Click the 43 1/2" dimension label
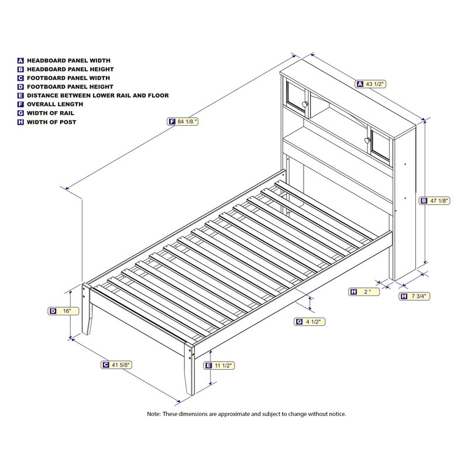pyautogui.click(x=375, y=84)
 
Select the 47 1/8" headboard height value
pyautogui.click(x=439, y=201)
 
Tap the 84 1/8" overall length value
pyautogui.click(x=188, y=122)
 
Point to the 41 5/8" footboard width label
pyautogui.click(x=121, y=364)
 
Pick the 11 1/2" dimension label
pyautogui.click(x=223, y=366)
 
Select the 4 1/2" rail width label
pyautogui.click(x=312, y=322)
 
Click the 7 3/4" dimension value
pyautogui.click(x=419, y=297)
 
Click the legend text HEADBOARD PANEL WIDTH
pyautogui.click(x=68, y=60)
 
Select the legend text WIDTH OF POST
pyautogui.click(x=51, y=122)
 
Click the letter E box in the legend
pyautogui.click(x=20, y=95)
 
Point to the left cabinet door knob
pyautogui.click(x=305, y=104)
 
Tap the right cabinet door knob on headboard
pyautogui.click(x=367, y=140)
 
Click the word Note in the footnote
pyautogui.click(x=153, y=414)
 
